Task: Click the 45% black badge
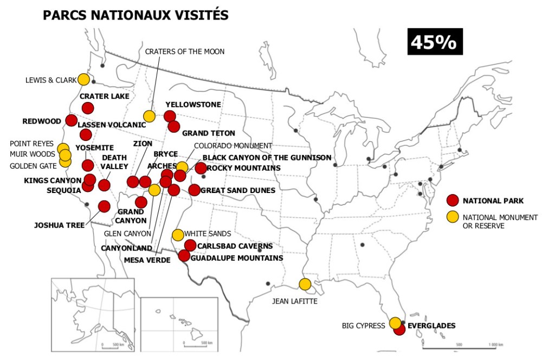pos(435,42)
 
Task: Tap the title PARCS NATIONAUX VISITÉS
pos(135,15)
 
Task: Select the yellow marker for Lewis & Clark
pos(83,80)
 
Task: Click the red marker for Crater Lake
pos(88,108)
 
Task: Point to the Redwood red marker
pos(71,120)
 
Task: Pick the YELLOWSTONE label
pos(193,104)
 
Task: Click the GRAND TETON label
pos(208,133)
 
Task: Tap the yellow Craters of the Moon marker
pos(149,116)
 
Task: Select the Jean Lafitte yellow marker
pos(305,284)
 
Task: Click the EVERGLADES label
pos(431,326)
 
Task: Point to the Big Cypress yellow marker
pos(395,323)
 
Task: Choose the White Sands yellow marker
pos(177,235)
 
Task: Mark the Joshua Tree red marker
pos(104,206)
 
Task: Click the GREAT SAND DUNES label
pos(237,190)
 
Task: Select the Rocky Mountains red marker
pos(201,168)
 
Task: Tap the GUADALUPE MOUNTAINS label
pos(237,258)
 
